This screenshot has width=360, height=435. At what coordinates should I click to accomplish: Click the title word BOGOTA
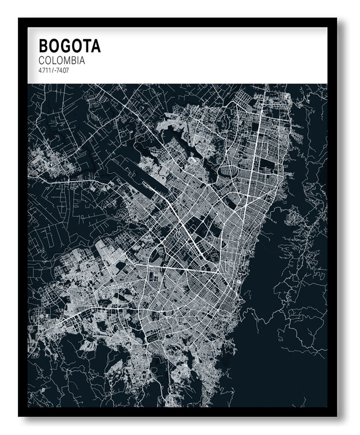[69, 46]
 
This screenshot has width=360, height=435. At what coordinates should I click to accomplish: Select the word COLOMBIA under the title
[62, 60]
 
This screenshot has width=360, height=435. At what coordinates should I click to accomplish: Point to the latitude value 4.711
[45, 70]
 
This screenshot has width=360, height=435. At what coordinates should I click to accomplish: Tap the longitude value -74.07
[62, 70]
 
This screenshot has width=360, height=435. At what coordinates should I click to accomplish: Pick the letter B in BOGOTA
[44, 46]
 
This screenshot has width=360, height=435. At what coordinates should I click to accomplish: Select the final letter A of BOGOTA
[96, 46]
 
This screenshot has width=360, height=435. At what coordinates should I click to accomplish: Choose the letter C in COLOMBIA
[42, 60]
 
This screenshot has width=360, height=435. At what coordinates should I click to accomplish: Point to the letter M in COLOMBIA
[65, 60]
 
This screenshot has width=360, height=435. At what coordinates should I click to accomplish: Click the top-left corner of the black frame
[19, 19]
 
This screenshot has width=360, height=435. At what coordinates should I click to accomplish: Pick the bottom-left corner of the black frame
[19, 415]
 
